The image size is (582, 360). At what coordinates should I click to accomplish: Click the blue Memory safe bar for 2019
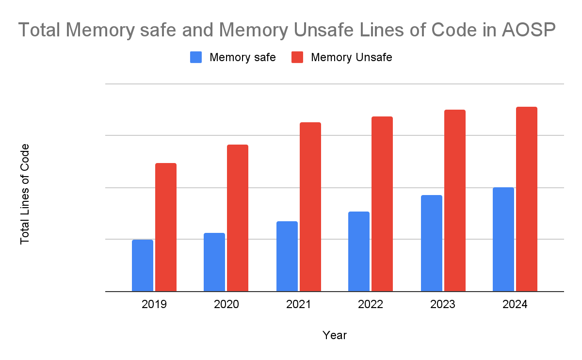(x=142, y=265)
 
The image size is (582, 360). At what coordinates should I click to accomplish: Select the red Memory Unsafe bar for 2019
(x=166, y=227)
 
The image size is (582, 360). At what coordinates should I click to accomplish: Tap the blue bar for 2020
(x=214, y=262)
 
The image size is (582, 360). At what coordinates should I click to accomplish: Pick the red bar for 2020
(x=238, y=218)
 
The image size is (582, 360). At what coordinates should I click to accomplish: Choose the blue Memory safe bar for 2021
(x=287, y=256)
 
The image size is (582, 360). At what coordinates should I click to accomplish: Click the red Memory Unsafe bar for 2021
(x=310, y=207)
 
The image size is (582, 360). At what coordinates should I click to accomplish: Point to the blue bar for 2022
(x=359, y=251)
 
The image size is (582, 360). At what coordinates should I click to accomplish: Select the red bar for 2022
(x=382, y=204)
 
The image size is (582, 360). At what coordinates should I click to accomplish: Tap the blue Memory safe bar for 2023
(x=431, y=243)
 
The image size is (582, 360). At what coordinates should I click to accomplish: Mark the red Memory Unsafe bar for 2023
(x=455, y=200)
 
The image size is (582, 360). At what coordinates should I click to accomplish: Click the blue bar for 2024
(x=503, y=239)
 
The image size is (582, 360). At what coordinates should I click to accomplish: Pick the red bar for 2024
(x=527, y=199)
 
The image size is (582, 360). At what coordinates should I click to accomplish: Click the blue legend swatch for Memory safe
(x=196, y=58)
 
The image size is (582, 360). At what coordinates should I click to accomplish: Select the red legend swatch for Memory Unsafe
(x=297, y=58)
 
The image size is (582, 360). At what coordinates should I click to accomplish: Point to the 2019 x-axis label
(x=154, y=305)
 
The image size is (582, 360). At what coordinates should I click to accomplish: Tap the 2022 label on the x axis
(x=371, y=305)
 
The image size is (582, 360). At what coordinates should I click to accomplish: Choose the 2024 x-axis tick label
(x=515, y=305)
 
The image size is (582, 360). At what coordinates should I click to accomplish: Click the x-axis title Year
(x=335, y=335)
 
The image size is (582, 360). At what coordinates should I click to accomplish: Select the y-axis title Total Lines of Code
(x=25, y=194)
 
